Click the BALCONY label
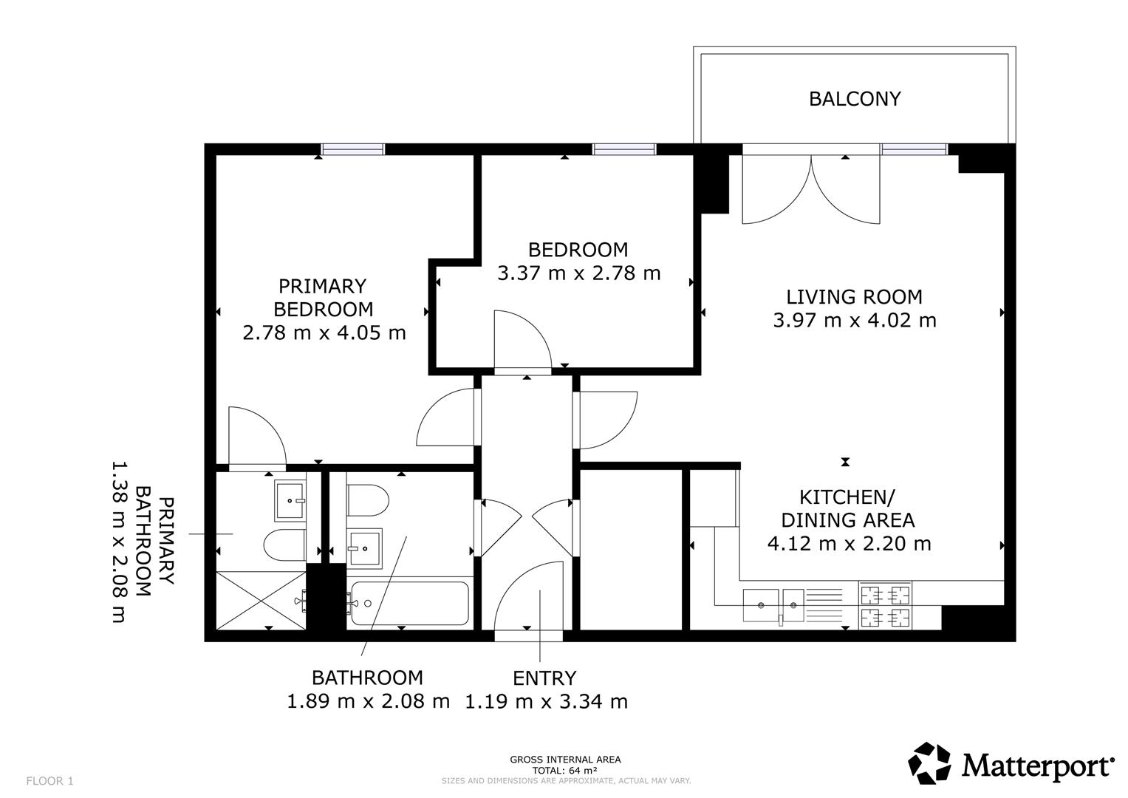pos(855,99)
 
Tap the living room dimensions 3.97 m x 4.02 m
pos(855,321)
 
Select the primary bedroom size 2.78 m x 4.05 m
pos(324,333)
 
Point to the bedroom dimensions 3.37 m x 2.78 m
pos(578,273)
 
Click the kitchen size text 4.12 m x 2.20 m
pos(849,544)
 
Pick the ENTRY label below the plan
pos(544,678)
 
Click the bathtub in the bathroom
pos(410,603)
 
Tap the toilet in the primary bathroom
pos(284,545)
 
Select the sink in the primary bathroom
pos(290,501)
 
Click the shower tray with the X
pos(261,600)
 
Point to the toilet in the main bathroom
pos(368,500)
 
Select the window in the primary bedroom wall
pos(353,149)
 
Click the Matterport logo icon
pos(929,763)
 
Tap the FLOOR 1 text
pos(49,781)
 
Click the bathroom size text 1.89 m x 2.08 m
pos(368,701)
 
